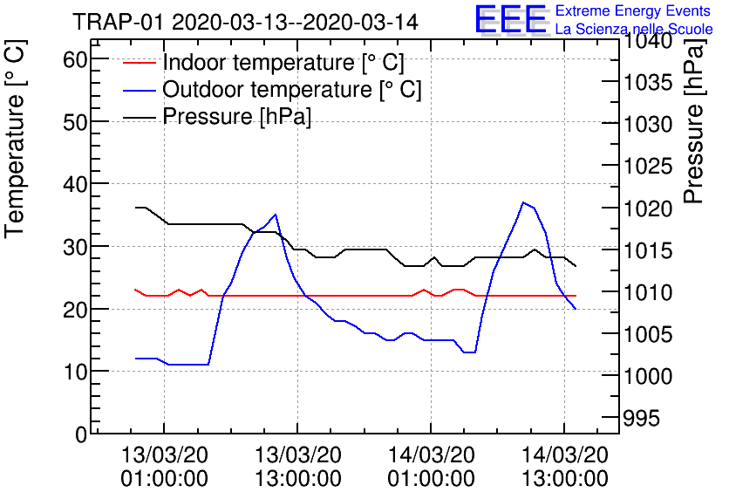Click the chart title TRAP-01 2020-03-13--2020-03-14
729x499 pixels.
[x=245, y=21]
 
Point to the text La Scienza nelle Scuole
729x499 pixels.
[x=634, y=30]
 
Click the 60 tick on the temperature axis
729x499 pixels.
[x=77, y=59]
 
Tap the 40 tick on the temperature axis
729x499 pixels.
[x=77, y=184]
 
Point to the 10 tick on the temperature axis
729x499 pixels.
[x=77, y=372]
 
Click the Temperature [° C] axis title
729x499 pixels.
[x=16, y=142]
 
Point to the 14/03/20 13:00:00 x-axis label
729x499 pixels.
[x=564, y=467]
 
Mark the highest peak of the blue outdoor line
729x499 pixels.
[x=523, y=202]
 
